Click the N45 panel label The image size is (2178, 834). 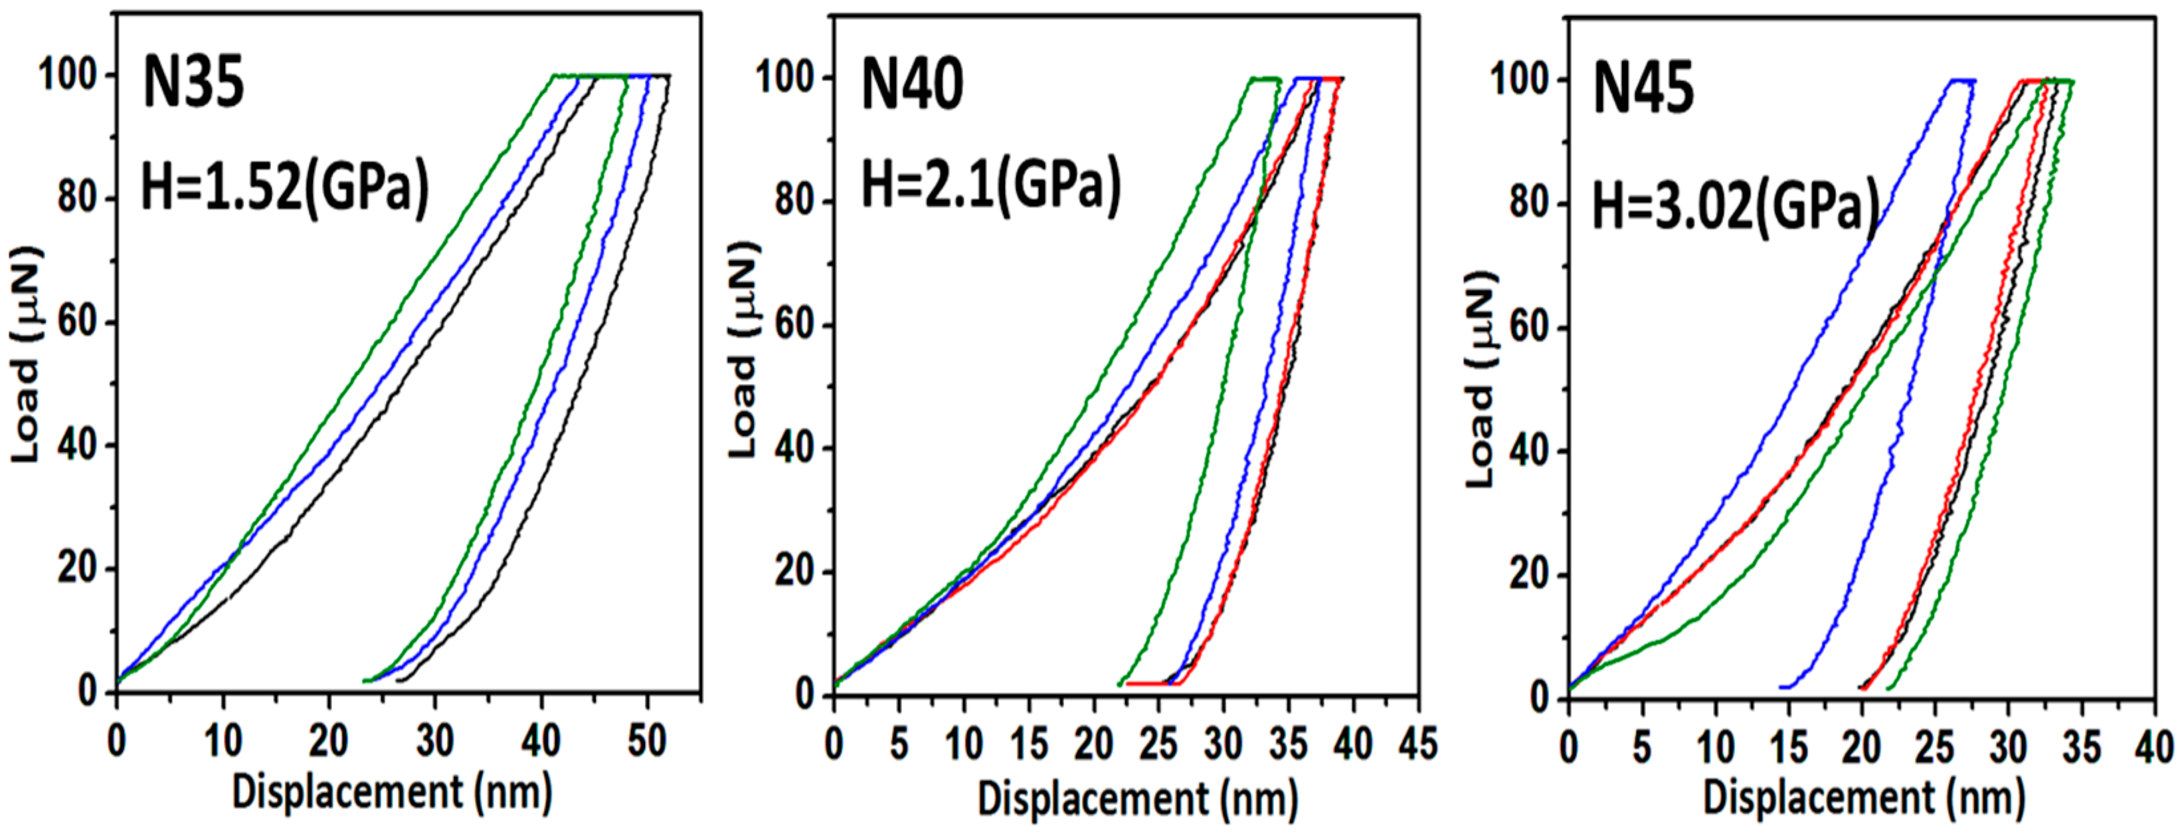point(1644,90)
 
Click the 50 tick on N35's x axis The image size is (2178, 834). point(647,741)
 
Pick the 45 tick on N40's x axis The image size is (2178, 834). point(1418,744)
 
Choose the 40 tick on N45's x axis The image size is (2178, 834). point(2153,748)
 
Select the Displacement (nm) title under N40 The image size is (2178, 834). point(1138,799)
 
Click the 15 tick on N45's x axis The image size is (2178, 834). point(1788,748)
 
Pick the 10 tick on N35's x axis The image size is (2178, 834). point(223,741)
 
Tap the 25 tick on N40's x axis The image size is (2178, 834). point(1158,744)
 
